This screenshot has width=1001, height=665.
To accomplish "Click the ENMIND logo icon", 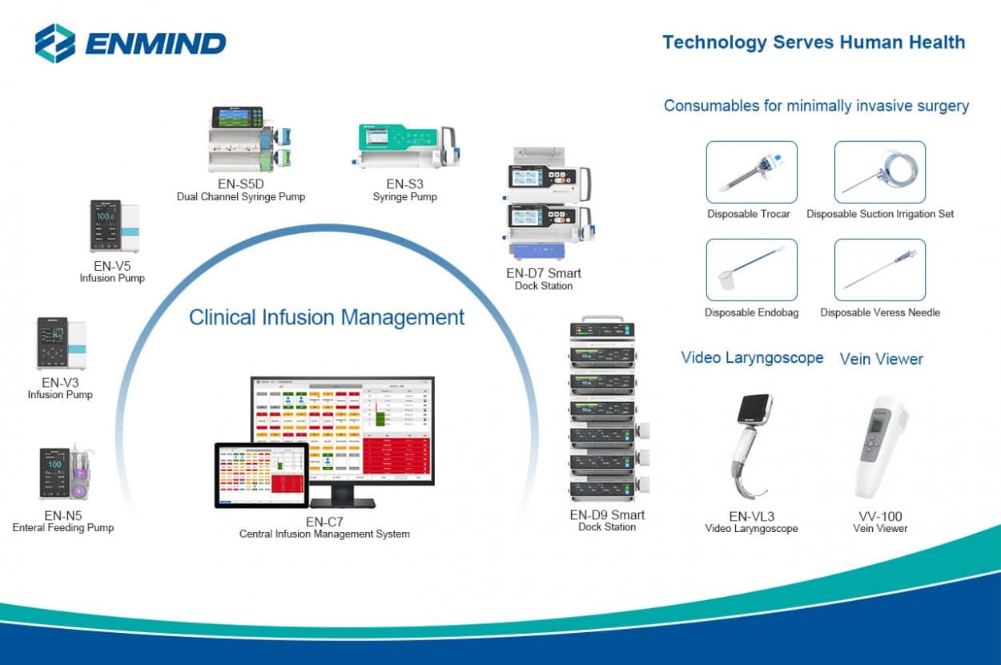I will pyautogui.click(x=55, y=42).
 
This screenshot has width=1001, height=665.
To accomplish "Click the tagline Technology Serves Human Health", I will pyautogui.click(x=814, y=42).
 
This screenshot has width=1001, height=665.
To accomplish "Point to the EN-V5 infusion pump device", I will pyautogui.click(x=113, y=227).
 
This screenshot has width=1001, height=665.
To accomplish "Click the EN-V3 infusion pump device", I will pyautogui.click(x=60, y=344).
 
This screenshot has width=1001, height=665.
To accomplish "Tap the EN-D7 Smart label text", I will pyautogui.click(x=544, y=273).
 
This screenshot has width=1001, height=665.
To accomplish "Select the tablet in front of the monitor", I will pyautogui.click(x=261, y=474).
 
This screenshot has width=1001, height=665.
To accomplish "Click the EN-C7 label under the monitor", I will pyautogui.click(x=324, y=522).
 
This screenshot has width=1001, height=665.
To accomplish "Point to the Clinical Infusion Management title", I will pyautogui.click(x=327, y=317).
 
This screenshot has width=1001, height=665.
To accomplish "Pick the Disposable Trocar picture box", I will pyautogui.click(x=751, y=172).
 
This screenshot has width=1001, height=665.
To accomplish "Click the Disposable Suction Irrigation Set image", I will pyautogui.click(x=879, y=172).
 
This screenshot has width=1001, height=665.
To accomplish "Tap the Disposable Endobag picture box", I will pyautogui.click(x=751, y=270).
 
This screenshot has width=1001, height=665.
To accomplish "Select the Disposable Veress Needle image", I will pyautogui.click(x=879, y=270).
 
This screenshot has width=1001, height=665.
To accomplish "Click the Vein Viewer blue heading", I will pyautogui.click(x=881, y=359).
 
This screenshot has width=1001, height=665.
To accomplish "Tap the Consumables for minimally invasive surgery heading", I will pyautogui.click(x=816, y=106).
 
